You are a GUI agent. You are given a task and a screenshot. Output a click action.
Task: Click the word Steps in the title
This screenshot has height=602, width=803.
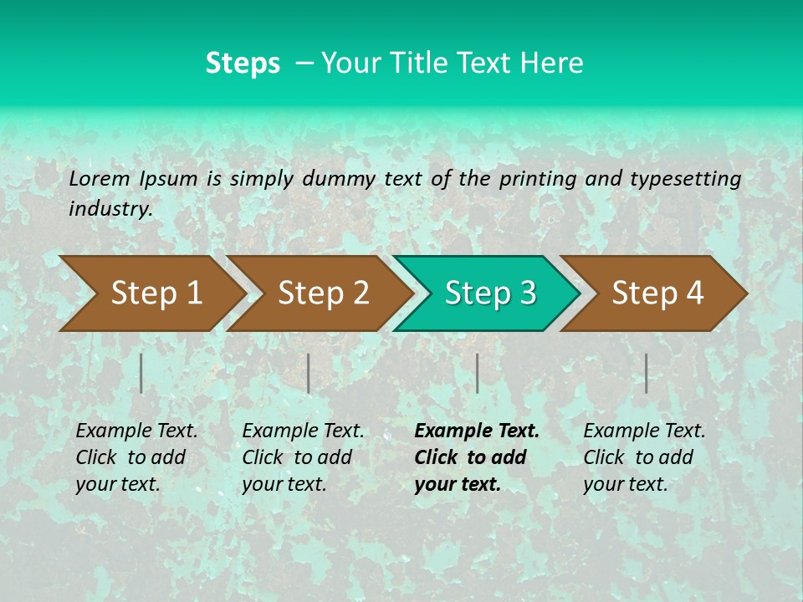[243, 64]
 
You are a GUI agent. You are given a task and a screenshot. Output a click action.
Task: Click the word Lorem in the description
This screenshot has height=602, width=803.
[99, 178]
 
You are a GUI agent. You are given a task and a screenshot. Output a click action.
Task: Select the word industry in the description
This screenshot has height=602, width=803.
[110, 209]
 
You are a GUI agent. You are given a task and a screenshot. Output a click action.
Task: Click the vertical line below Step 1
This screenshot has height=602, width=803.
[141, 373]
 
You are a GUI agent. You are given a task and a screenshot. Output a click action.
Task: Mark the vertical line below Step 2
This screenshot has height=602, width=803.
[309, 373]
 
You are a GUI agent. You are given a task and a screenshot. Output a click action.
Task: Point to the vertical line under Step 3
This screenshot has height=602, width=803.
[477, 373]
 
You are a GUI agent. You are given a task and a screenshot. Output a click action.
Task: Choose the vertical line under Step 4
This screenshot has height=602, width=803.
[646, 373]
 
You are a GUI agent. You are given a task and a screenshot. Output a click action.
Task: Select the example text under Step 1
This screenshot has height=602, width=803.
[136, 457]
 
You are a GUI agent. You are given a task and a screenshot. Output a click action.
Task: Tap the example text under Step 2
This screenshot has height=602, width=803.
[302, 457]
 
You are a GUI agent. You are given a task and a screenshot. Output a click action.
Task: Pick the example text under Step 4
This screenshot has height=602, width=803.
[643, 457]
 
